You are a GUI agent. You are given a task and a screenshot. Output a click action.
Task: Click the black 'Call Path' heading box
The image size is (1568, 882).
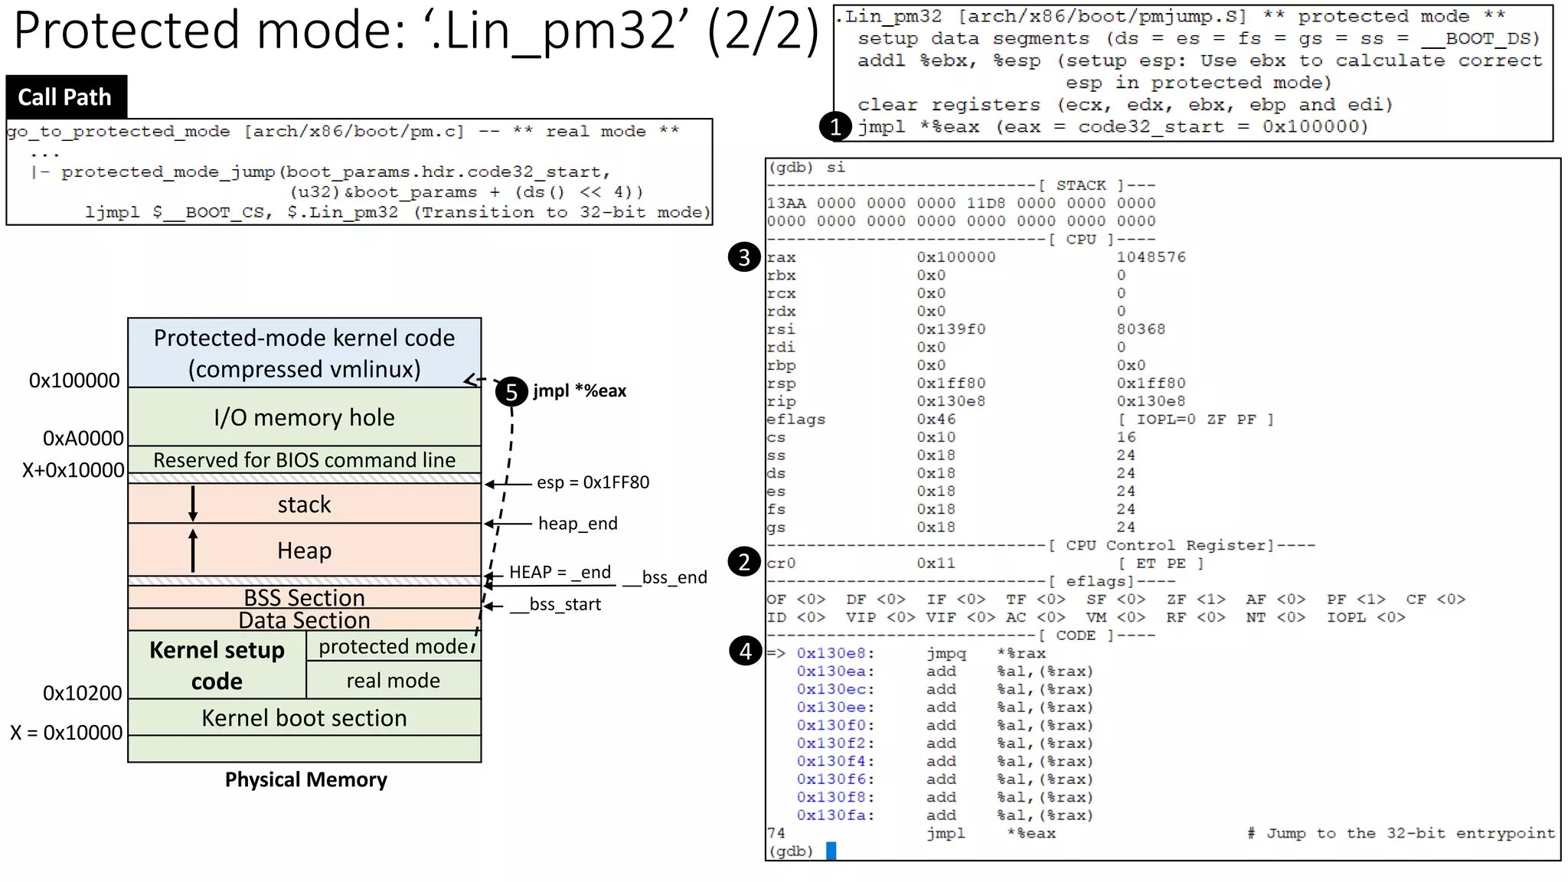(66, 97)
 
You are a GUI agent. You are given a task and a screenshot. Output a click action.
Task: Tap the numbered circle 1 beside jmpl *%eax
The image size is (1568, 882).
(835, 127)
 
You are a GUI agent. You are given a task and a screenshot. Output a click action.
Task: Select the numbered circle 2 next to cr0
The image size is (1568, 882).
(744, 563)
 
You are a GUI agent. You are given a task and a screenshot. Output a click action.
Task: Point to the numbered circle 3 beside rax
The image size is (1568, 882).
(744, 258)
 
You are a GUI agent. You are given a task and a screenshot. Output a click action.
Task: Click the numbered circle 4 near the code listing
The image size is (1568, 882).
(746, 652)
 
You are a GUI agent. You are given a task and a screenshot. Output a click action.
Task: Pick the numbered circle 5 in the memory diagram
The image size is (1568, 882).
(511, 392)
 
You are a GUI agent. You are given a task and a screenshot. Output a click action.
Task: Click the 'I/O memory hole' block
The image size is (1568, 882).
(304, 417)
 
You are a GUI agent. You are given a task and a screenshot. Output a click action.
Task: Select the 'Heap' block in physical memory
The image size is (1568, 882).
(304, 550)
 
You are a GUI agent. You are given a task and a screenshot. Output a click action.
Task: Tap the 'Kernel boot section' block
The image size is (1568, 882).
(304, 718)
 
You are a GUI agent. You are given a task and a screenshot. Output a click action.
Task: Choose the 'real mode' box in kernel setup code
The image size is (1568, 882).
(393, 681)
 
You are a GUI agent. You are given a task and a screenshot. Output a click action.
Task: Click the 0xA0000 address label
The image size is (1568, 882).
(83, 439)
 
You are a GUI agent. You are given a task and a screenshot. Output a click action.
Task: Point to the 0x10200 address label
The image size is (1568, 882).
(82, 694)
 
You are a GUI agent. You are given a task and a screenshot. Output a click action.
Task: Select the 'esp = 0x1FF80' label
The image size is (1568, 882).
(593, 482)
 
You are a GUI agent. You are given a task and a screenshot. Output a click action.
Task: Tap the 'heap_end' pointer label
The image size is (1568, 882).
(577, 524)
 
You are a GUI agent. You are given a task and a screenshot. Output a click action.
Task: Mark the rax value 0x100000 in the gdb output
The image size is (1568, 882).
(956, 258)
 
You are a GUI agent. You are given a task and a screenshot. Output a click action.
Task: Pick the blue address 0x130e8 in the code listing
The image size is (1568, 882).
(835, 654)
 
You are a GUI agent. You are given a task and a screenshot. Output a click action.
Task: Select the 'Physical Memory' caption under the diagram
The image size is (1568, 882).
(305, 779)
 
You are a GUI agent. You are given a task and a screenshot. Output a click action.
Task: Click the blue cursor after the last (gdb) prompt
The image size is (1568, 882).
(831, 851)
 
